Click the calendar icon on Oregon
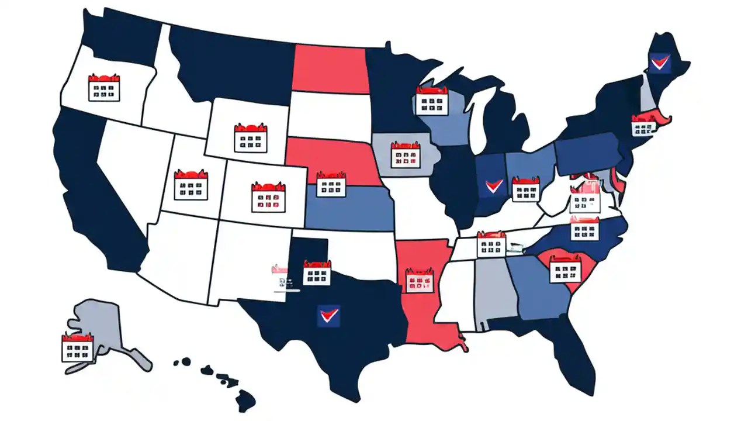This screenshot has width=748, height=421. (x=103, y=88)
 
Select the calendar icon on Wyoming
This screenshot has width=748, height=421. (x=250, y=138)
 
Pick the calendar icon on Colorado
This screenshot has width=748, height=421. (x=268, y=197)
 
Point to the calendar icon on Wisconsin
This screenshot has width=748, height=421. (x=431, y=101)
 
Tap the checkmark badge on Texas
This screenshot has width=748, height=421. (x=328, y=316)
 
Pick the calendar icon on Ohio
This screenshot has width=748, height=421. (x=525, y=189)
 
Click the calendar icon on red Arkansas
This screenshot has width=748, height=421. (x=420, y=281)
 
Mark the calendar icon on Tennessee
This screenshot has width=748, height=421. (x=491, y=244)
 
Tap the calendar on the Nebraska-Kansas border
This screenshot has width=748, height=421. (x=331, y=184)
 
